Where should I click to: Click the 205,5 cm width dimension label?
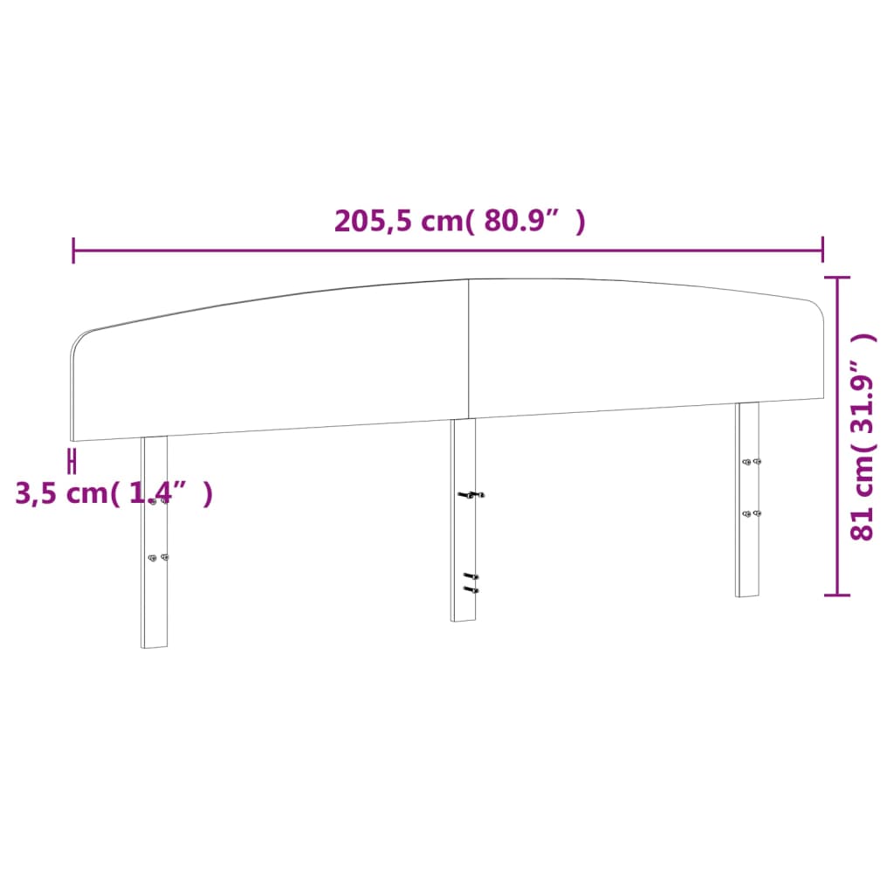pos(459,222)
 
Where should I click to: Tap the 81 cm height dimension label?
pos(862,437)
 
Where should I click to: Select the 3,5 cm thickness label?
pos(113,493)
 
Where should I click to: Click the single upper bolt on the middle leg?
pos(471,495)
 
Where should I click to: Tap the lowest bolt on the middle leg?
pos(471,590)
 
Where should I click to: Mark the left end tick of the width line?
pos(73,251)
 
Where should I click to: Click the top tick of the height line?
pos(838,278)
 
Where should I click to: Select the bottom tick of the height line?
pos(838,595)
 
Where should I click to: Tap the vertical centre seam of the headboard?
pos(469,349)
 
